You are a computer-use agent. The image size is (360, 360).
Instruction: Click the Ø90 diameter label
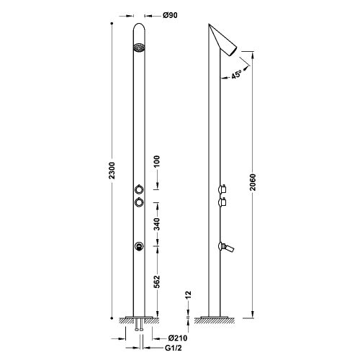[170, 15]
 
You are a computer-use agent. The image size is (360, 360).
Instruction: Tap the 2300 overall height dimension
[112, 171]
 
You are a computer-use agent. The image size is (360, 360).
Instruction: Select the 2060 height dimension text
[253, 182]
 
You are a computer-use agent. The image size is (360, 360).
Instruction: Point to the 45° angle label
[236, 74]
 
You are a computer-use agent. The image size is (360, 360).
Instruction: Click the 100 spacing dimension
[156, 161]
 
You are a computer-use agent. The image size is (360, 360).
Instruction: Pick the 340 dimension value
[156, 224]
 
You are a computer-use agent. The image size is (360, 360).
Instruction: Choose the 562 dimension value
[156, 282]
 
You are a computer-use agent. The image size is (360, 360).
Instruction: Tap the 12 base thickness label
[188, 294]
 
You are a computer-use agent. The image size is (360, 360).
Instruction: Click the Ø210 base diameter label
[178, 338]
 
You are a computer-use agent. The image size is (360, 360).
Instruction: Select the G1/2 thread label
[174, 348]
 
